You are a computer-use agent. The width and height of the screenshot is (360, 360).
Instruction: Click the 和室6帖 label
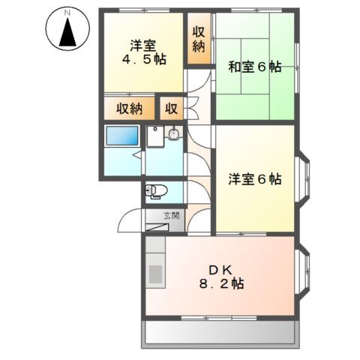pos(254,67)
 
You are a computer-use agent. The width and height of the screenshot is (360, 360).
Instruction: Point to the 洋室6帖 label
pos(254,179)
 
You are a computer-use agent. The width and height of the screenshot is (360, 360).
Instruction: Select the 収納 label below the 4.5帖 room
pos(128,109)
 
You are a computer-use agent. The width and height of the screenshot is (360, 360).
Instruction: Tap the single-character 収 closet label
pos(171,109)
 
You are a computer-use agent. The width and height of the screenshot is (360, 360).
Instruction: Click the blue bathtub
pos(122,136)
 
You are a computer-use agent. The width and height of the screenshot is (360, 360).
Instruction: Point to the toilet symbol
pos(155,191)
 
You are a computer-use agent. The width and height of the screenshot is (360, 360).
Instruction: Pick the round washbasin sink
pos(174,135)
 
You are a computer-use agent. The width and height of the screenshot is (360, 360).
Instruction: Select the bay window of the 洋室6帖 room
pos(303,179)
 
